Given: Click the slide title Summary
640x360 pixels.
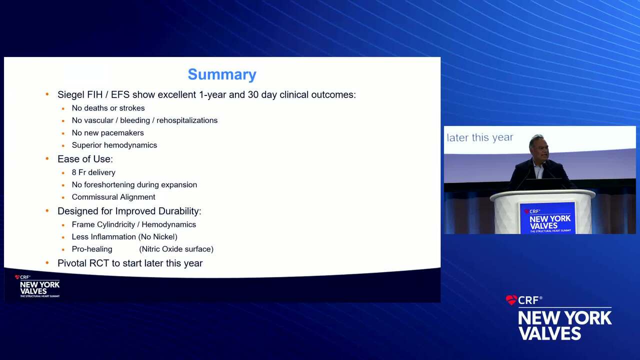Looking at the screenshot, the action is point(222,75).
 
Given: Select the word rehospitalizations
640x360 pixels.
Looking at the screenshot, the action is point(187,120).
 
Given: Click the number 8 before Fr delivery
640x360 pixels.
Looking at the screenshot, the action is point(74,172).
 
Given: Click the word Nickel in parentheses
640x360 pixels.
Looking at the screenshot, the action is point(165,237).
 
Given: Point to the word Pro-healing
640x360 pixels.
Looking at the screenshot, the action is point(92,249).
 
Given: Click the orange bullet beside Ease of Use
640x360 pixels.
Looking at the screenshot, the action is point(47,158).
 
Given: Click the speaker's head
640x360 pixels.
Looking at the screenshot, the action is point(538,147).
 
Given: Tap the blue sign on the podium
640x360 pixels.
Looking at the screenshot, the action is point(547,218).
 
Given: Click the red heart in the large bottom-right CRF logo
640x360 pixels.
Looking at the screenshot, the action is point(511,300).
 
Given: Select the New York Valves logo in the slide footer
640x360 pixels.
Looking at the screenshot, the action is point(37,286).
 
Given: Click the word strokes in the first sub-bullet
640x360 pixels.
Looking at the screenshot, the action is point(132,108).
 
